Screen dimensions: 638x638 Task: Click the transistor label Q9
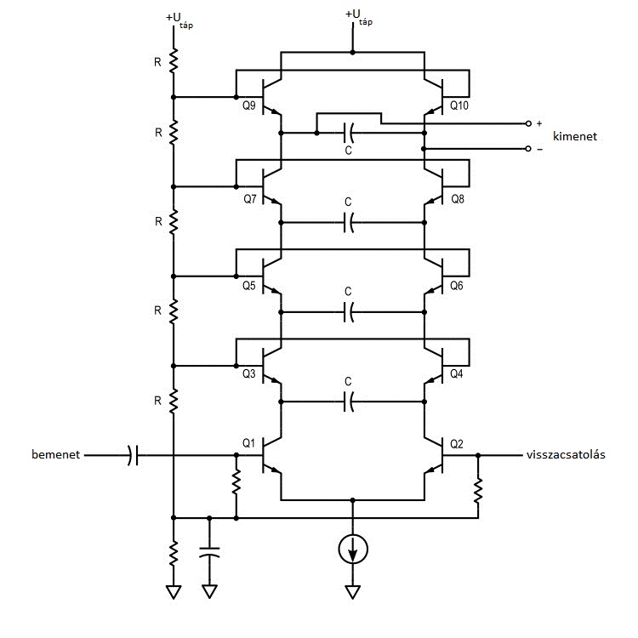coord(248,107)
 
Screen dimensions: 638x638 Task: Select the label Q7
coord(248,199)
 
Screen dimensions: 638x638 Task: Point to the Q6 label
coord(457,286)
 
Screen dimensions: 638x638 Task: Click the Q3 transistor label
coord(248,373)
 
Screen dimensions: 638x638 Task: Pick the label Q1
coord(248,442)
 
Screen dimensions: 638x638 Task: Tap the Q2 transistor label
coord(457,442)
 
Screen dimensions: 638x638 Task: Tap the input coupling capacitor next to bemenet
coord(132,456)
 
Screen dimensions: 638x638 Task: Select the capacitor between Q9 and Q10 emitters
coord(348,133)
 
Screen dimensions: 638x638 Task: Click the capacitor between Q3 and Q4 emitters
coord(348,401)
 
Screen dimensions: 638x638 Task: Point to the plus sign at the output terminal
coord(538,123)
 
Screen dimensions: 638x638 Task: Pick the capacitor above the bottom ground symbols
coord(208,553)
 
